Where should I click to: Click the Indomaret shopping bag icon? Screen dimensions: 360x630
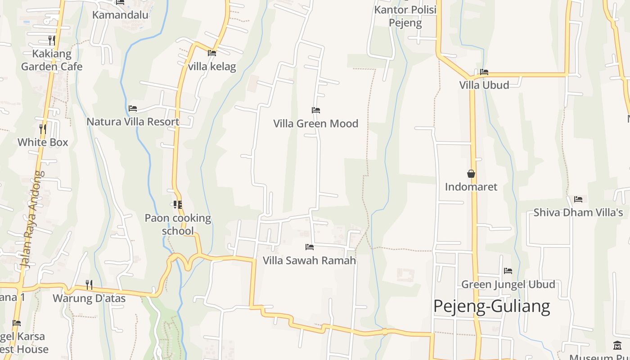coord(471,174)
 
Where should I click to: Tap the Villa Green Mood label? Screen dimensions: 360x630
coord(315,123)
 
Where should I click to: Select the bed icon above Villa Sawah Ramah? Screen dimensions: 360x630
coord(309,247)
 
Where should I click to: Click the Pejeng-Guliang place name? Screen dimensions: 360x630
coord(491,306)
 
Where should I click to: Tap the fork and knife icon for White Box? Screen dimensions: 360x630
coord(43,129)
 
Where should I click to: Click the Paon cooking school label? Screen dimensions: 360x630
coord(178,224)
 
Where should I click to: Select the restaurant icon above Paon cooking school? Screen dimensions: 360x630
coord(178,205)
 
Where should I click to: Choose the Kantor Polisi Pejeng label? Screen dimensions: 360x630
coord(405,16)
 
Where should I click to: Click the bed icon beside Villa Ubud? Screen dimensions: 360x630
coord(484,72)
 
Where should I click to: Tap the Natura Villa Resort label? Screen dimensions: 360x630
coord(133,121)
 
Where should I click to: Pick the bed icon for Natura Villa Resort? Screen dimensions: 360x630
coord(133,108)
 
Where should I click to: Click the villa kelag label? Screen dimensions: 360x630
coord(212,67)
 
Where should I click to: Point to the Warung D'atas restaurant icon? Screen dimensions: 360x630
coord(89,284)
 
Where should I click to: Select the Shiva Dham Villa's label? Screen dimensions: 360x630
coord(578,212)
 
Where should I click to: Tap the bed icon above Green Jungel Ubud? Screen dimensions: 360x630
coord(508,271)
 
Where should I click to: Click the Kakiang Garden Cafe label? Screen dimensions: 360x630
coord(52,60)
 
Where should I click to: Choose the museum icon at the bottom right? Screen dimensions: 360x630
coord(617,346)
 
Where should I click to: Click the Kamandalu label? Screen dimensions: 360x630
coord(120,15)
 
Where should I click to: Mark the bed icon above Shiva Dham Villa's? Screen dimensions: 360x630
coord(578,199)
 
